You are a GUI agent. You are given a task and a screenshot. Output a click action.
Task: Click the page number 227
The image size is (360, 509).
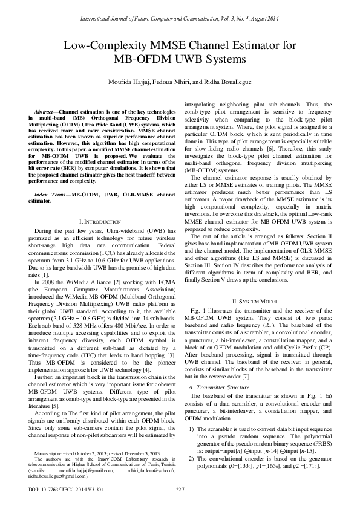(179, 488)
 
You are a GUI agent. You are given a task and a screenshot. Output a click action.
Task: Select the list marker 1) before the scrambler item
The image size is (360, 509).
(192, 412)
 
